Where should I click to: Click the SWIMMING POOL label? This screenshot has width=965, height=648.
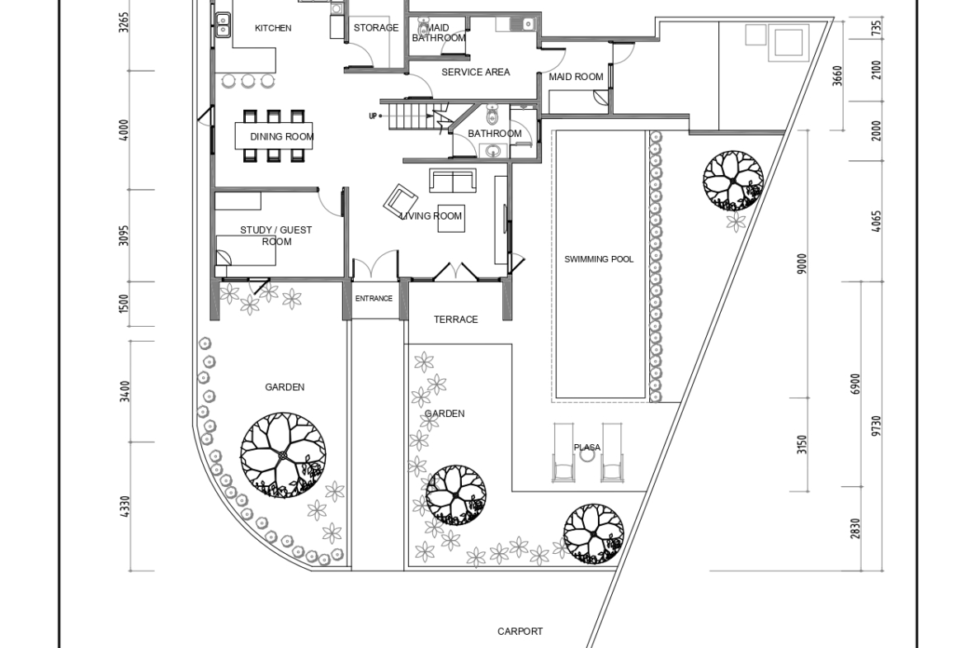click(x=599, y=259)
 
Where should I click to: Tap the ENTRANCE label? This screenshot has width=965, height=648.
click(x=374, y=299)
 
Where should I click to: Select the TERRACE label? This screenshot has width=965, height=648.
click(x=455, y=319)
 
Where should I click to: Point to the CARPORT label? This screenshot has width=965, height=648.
click(x=520, y=631)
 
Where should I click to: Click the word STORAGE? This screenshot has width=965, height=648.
click(x=376, y=28)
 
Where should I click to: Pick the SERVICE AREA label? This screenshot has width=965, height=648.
click(x=476, y=72)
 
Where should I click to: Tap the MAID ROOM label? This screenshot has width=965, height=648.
click(x=576, y=77)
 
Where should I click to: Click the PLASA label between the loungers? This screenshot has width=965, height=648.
click(x=587, y=447)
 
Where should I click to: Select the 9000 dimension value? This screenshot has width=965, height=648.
click(x=802, y=263)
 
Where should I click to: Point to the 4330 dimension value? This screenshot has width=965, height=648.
click(x=125, y=507)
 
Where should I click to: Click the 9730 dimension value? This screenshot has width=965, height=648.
click(x=877, y=426)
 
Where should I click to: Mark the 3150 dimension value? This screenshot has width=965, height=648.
click(x=802, y=445)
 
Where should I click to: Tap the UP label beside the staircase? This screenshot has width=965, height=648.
click(x=372, y=116)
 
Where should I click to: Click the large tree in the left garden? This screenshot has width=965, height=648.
click(x=283, y=456)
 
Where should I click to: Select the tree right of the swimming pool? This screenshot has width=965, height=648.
click(x=733, y=181)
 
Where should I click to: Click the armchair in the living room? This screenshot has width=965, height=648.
click(x=401, y=201)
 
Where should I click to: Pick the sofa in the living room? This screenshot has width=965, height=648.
click(x=453, y=181)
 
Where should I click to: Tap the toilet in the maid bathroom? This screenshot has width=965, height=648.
click(x=423, y=28)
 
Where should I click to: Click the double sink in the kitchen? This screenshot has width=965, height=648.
click(x=222, y=25)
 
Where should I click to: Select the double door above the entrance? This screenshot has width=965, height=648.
click(x=375, y=263)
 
